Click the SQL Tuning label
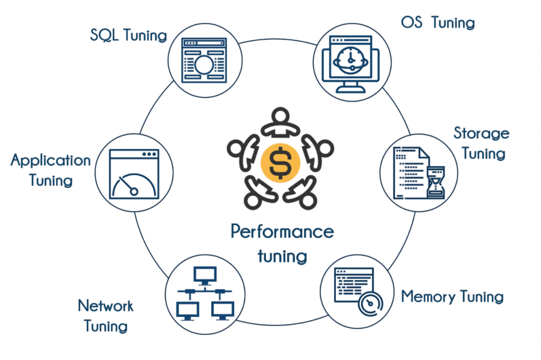128,36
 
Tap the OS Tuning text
438,23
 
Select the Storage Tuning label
481,143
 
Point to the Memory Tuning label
452,297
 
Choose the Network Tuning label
105,315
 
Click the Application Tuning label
51,170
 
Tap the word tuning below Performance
282,256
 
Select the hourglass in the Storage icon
436,183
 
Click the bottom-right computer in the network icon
222,309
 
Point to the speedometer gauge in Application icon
133,185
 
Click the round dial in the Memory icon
369,305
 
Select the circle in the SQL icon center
203,65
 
